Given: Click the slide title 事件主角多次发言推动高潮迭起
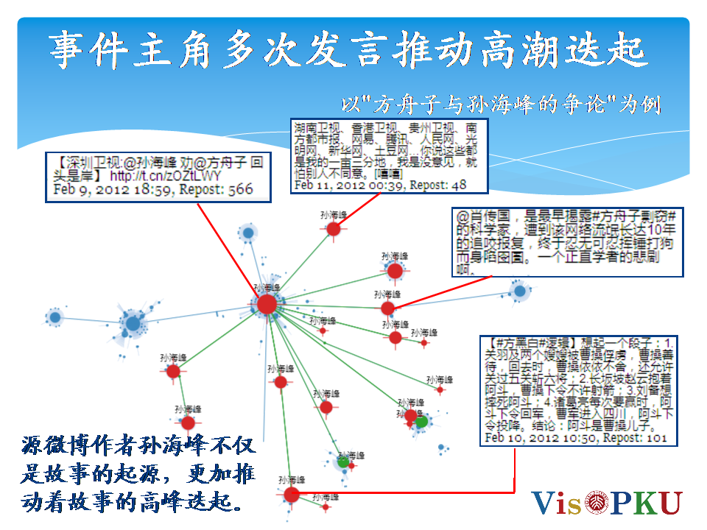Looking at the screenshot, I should click(x=348, y=50).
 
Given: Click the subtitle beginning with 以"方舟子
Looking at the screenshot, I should click(x=502, y=104).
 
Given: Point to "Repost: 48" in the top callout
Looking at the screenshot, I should click(x=438, y=185).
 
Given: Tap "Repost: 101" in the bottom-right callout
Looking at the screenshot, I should click(x=634, y=438).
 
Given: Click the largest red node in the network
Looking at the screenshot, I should click(x=267, y=304).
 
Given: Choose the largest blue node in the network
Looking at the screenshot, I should click(x=133, y=323).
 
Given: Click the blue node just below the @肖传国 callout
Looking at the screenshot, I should click(x=520, y=291).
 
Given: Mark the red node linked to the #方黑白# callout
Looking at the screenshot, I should click(x=292, y=494).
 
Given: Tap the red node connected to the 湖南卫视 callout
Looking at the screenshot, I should click(x=334, y=230).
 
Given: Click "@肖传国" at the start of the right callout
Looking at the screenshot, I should click(x=485, y=219).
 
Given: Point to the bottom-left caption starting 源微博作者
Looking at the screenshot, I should click(x=138, y=475).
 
